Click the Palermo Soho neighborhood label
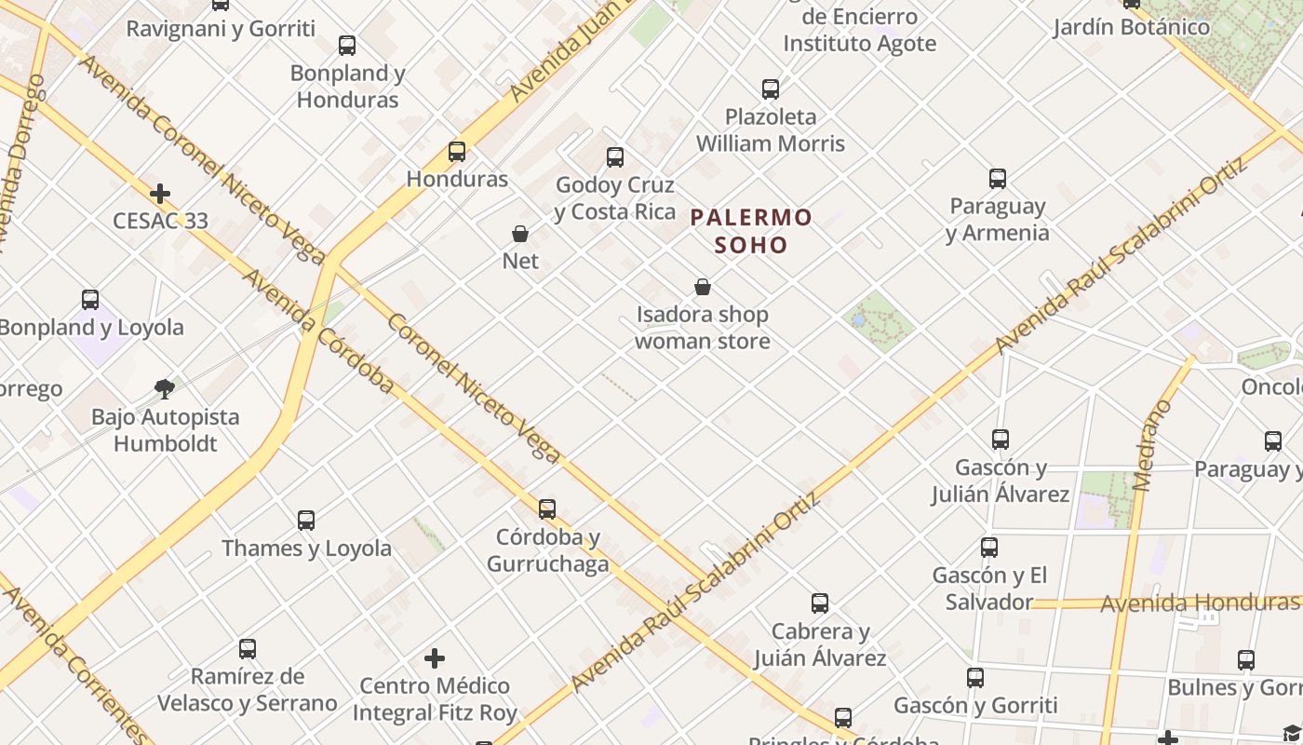coord(751,231)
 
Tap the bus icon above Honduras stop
coord(457,151)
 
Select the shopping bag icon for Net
coord(520,234)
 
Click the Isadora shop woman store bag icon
coord(703,287)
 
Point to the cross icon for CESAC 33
coord(160,194)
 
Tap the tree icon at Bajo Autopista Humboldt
coord(165,388)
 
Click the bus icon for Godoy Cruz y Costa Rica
coord(615,157)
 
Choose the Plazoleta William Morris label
coord(771,130)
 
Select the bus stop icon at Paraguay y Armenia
coord(998,178)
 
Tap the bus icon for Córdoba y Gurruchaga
coord(547,509)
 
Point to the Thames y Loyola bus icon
coord(306,521)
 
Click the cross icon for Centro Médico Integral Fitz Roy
coord(435,659)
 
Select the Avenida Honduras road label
coord(1199,603)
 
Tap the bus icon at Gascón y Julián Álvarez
coord(1001,439)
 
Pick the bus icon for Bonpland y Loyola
coord(90,300)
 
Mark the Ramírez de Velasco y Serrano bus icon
coord(248,648)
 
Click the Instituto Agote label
coord(859,43)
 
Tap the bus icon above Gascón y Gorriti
coord(975,678)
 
